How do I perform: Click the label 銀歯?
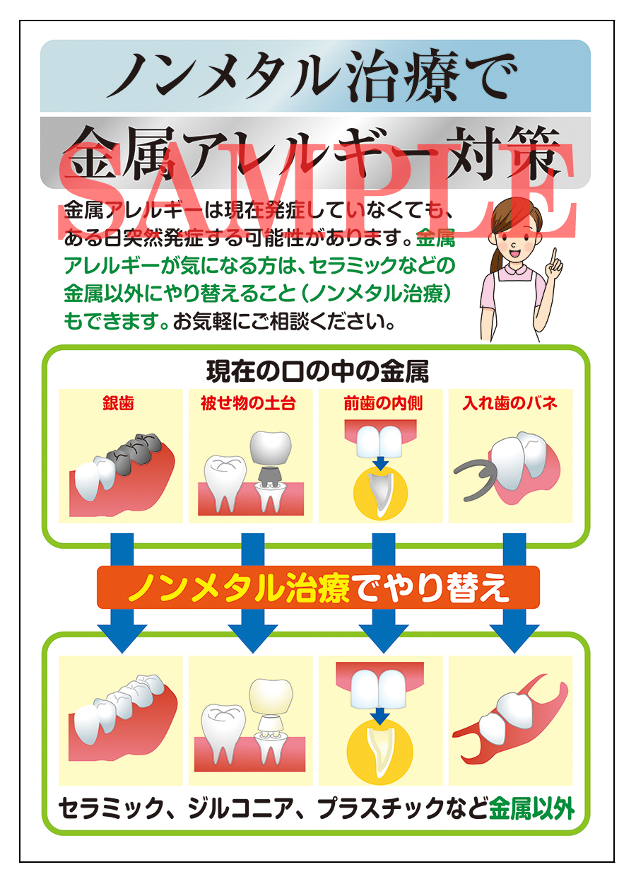pyautogui.click(x=117, y=403)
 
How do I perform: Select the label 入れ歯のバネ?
pyautogui.click(x=510, y=403)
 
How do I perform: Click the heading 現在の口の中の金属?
pyautogui.click(x=317, y=370)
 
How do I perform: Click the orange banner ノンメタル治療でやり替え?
pyautogui.click(x=317, y=588)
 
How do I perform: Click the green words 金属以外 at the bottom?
pyautogui.click(x=531, y=808)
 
